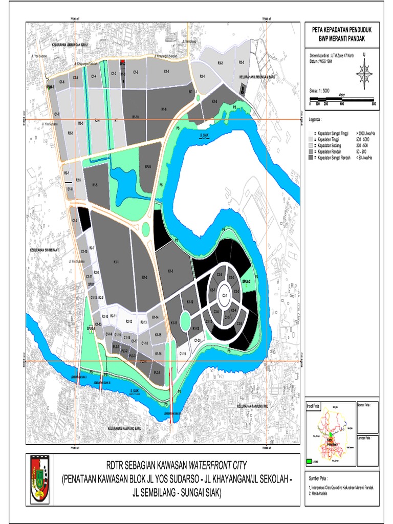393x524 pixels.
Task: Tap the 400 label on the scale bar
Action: (342, 104)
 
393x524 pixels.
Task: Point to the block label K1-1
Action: (116, 262)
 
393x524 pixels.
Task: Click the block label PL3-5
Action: (158, 373)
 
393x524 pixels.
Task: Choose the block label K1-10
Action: (135, 117)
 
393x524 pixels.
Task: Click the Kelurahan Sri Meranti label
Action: (45, 249)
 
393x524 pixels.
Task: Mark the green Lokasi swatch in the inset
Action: (309, 461)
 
